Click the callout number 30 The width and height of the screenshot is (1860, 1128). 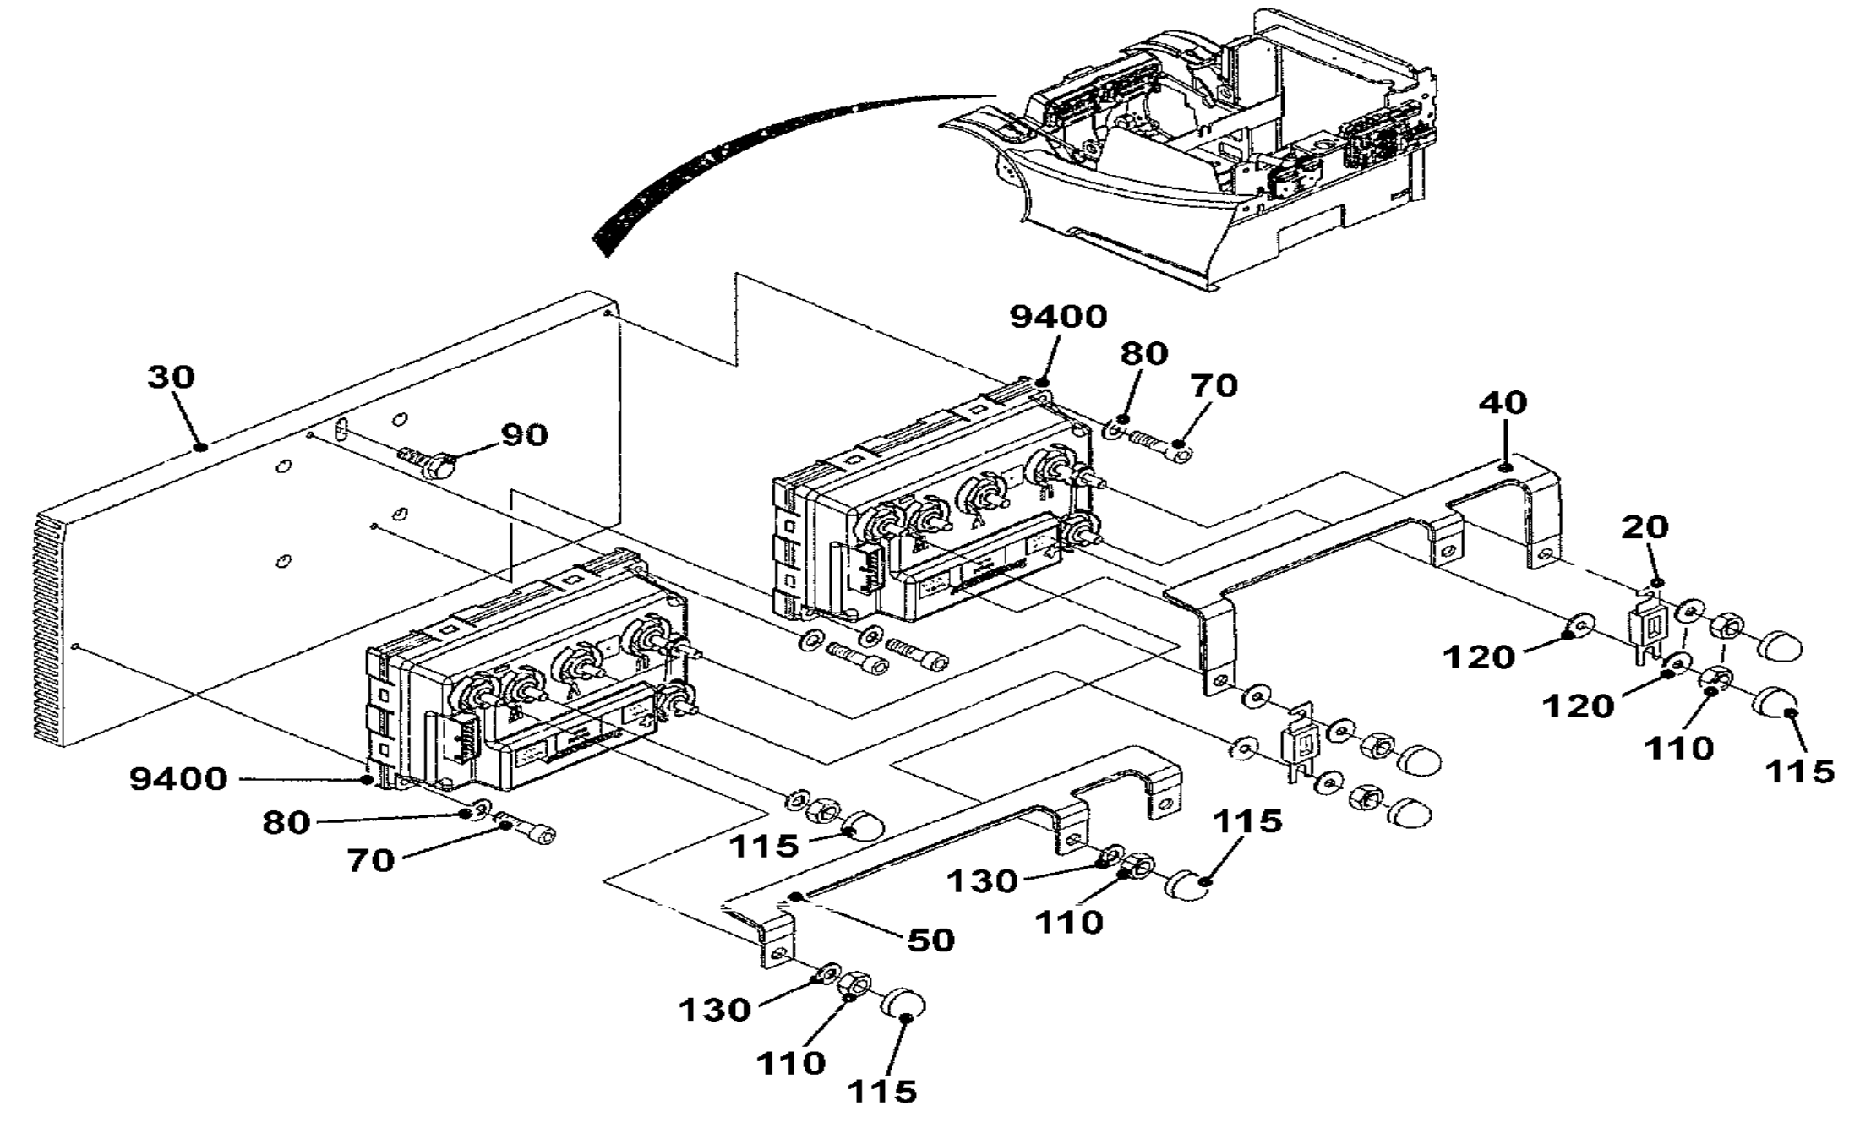[x=171, y=377]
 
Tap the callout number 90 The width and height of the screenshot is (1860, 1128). [x=524, y=435]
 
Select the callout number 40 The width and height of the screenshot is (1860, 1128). [x=1503, y=402]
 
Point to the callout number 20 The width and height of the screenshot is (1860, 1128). [x=1645, y=527]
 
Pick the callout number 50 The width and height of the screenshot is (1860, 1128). [x=930, y=940]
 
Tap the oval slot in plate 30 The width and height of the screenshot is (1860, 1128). [x=341, y=428]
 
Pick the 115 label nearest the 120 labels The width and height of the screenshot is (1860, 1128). [x=1800, y=771]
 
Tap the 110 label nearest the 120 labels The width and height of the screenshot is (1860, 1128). [x=1678, y=748]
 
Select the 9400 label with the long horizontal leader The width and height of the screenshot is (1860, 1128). [x=178, y=779]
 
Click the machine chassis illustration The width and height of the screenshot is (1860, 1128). [x=1192, y=152]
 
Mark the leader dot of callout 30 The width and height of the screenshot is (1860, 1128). [x=200, y=446]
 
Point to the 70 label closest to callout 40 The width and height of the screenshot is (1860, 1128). [x=1214, y=386]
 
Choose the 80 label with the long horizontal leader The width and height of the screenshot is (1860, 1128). [x=286, y=821]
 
